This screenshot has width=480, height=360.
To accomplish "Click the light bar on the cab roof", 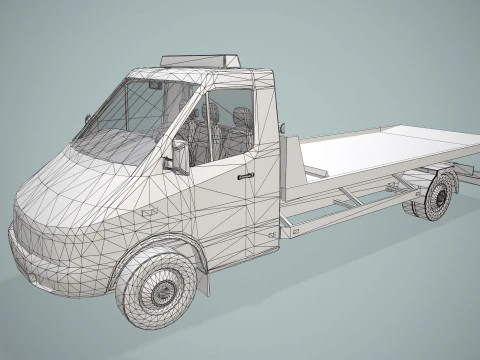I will click(x=201, y=59).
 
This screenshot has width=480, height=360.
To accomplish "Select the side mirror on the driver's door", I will click(x=181, y=156).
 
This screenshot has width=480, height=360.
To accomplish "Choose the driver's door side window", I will click(x=225, y=125).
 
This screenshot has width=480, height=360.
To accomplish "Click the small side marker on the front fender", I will click(x=148, y=213).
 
